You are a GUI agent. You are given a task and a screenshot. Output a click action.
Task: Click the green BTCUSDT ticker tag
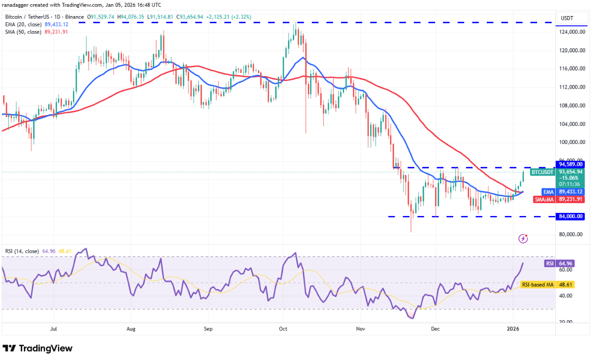pos(543,172)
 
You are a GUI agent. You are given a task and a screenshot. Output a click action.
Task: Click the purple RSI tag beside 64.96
pos(550,263)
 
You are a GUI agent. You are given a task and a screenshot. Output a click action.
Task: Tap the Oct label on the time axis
pos(283,328)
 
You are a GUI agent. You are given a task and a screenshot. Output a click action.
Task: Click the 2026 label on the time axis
pos(513,328)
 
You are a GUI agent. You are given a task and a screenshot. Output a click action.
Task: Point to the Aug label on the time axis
pos(131,328)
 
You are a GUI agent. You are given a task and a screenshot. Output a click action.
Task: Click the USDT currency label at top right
pos(568,18)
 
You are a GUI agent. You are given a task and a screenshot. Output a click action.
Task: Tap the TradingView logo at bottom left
pos(37,349)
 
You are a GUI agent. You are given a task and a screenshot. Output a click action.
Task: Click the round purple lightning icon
pos(523,238)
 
